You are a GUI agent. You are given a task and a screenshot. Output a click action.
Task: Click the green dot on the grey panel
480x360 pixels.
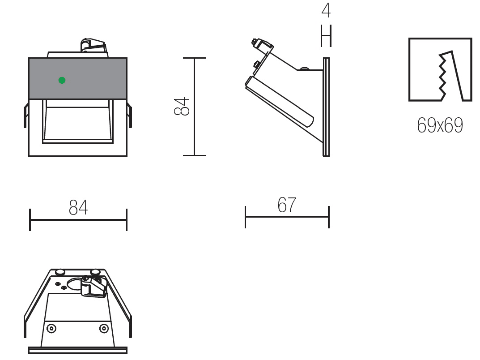(62, 80)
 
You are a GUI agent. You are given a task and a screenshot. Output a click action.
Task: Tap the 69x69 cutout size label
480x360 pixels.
(440, 125)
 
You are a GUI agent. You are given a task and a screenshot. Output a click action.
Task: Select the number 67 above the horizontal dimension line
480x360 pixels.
(287, 205)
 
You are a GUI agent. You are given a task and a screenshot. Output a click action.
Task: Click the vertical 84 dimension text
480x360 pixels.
(182, 106)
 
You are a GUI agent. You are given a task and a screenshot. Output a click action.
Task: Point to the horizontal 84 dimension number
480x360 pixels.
(78, 207)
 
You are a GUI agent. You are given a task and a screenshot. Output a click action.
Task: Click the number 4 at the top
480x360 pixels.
(326, 10)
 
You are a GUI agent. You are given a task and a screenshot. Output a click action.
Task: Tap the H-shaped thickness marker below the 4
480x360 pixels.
(326, 36)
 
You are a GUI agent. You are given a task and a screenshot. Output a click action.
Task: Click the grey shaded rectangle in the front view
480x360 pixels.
(78, 78)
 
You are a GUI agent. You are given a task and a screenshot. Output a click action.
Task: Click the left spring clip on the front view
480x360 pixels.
(26, 115)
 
